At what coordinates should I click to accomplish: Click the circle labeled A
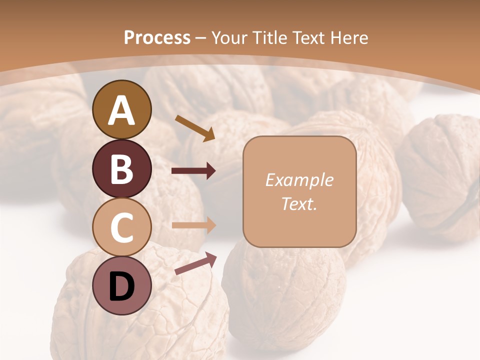pyautogui.click(x=121, y=110)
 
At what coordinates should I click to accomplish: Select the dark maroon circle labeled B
pyautogui.click(x=121, y=169)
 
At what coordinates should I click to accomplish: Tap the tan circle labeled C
pyautogui.click(x=121, y=227)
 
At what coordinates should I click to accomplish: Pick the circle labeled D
pyautogui.click(x=121, y=286)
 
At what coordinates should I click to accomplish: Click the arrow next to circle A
pyautogui.click(x=195, y=128)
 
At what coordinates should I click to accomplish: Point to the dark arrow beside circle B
pyautogui.click(x=193, y=171)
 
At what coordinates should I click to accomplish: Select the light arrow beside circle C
pyautogui.click(x=193, y=225)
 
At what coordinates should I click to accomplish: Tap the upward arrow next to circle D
pyautogui.click(x=195, y=263)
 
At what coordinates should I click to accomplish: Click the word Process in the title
pyautogui.click(x=157, y=37)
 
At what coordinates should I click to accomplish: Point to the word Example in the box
pyautogui.click(x=299, y=180)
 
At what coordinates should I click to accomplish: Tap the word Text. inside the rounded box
pyautogui.click(x=299, y=203)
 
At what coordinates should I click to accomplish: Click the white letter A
pyautogui.click(x=121, y=110)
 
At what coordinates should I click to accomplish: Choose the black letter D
pyautogui.click(x=121, y=287)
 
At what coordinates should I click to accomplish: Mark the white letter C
pyautogui.click(x=121, y=228)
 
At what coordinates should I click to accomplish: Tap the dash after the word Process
pyautogui.click(x=200, y=38)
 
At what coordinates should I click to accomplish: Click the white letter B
pyautogui.click(x=121, y=169)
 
